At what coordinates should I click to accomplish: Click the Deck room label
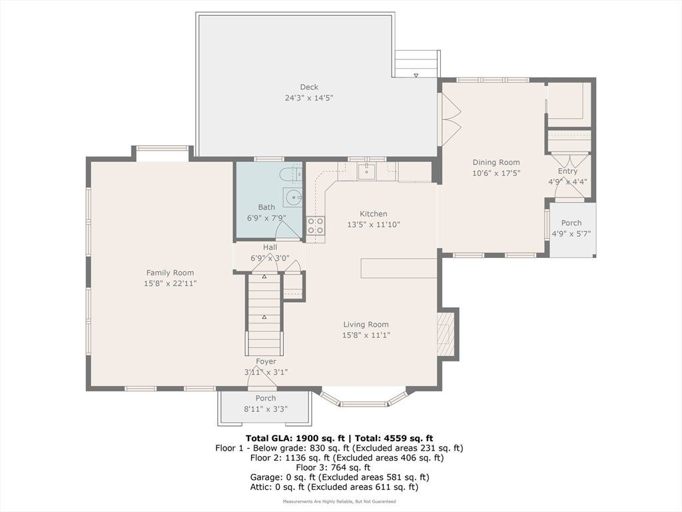(309, 87)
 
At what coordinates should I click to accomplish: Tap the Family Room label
(170, 273)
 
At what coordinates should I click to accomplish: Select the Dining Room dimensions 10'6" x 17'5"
(496, 173)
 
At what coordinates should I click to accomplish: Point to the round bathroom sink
(292, 198)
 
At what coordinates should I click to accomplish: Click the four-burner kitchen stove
(315, 226)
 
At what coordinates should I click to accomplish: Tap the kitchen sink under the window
(367, 171)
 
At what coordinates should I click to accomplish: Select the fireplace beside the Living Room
(445, 333)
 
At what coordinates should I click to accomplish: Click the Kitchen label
(373, 214)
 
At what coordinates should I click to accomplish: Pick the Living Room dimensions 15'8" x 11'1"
(366, 335)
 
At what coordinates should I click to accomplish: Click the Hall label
(270, 247)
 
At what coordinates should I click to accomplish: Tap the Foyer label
(266, 361)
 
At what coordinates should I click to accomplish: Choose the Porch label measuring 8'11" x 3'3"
(265, 398)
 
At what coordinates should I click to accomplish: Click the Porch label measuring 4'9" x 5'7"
(571, 223)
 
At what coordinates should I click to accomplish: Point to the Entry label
(567, 171)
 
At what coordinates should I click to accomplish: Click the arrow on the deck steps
(416, 75)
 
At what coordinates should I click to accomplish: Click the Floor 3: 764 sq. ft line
(333, 467)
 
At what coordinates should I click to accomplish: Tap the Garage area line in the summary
(340, 477)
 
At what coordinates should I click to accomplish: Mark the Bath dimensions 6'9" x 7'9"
(266, 218)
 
